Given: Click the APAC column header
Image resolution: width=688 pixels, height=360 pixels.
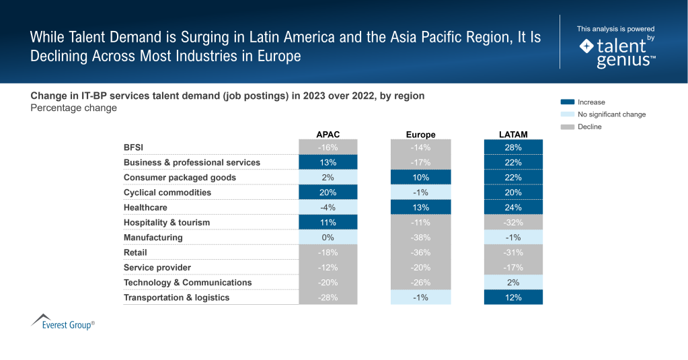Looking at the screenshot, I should [328, 135].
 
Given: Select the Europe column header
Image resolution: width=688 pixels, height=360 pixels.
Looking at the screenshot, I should [420, 135].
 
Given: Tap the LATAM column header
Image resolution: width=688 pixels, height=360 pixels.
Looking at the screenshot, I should [513, 135].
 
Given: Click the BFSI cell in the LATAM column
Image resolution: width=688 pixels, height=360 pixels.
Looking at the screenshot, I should [513, 147].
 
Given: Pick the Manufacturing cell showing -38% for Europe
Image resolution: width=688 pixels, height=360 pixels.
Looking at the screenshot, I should [420, 238].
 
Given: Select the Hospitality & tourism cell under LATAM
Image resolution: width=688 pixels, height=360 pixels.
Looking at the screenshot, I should [513, 223].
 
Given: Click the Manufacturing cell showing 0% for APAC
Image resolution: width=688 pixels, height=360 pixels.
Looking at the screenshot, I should [328, 238].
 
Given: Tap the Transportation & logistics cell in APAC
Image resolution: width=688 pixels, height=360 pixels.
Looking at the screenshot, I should [328, 297].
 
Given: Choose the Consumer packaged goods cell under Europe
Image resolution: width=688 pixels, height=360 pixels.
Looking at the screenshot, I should [420, 178].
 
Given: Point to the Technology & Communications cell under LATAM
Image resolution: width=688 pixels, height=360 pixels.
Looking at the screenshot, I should [513, 283].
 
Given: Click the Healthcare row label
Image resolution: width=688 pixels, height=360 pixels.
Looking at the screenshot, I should [145, 207].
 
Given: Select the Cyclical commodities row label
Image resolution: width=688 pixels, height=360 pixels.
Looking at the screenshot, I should [167, 192].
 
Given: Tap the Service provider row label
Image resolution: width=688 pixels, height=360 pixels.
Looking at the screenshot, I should [157, 268].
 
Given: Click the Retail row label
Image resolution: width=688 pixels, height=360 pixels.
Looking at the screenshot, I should [135, 252].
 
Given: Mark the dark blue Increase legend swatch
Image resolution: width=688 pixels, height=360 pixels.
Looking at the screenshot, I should [567, 102].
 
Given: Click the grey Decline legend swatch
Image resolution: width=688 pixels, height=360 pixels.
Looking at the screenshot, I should [567, 127].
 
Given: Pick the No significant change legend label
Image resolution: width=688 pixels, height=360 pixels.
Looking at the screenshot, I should [611, 114].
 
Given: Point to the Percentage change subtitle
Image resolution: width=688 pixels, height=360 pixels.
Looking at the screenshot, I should [73, 108].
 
